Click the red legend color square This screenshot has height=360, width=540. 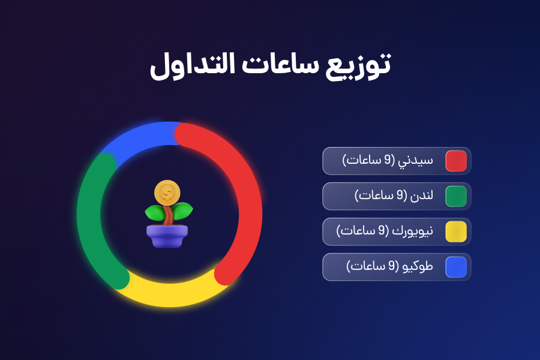coord(456,161)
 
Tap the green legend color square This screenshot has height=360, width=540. coord(456,196)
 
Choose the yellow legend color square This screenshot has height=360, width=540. coord(456,232)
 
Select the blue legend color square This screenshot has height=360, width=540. coord(456,267)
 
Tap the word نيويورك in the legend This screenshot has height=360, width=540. coord(413,231)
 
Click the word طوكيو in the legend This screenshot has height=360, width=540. coord(418,266)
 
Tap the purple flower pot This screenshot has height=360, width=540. coord(167,236)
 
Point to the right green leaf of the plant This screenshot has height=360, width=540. coord(182,211)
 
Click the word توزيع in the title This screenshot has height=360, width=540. coord(358,65)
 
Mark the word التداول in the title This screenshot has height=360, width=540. coord(193,66)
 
